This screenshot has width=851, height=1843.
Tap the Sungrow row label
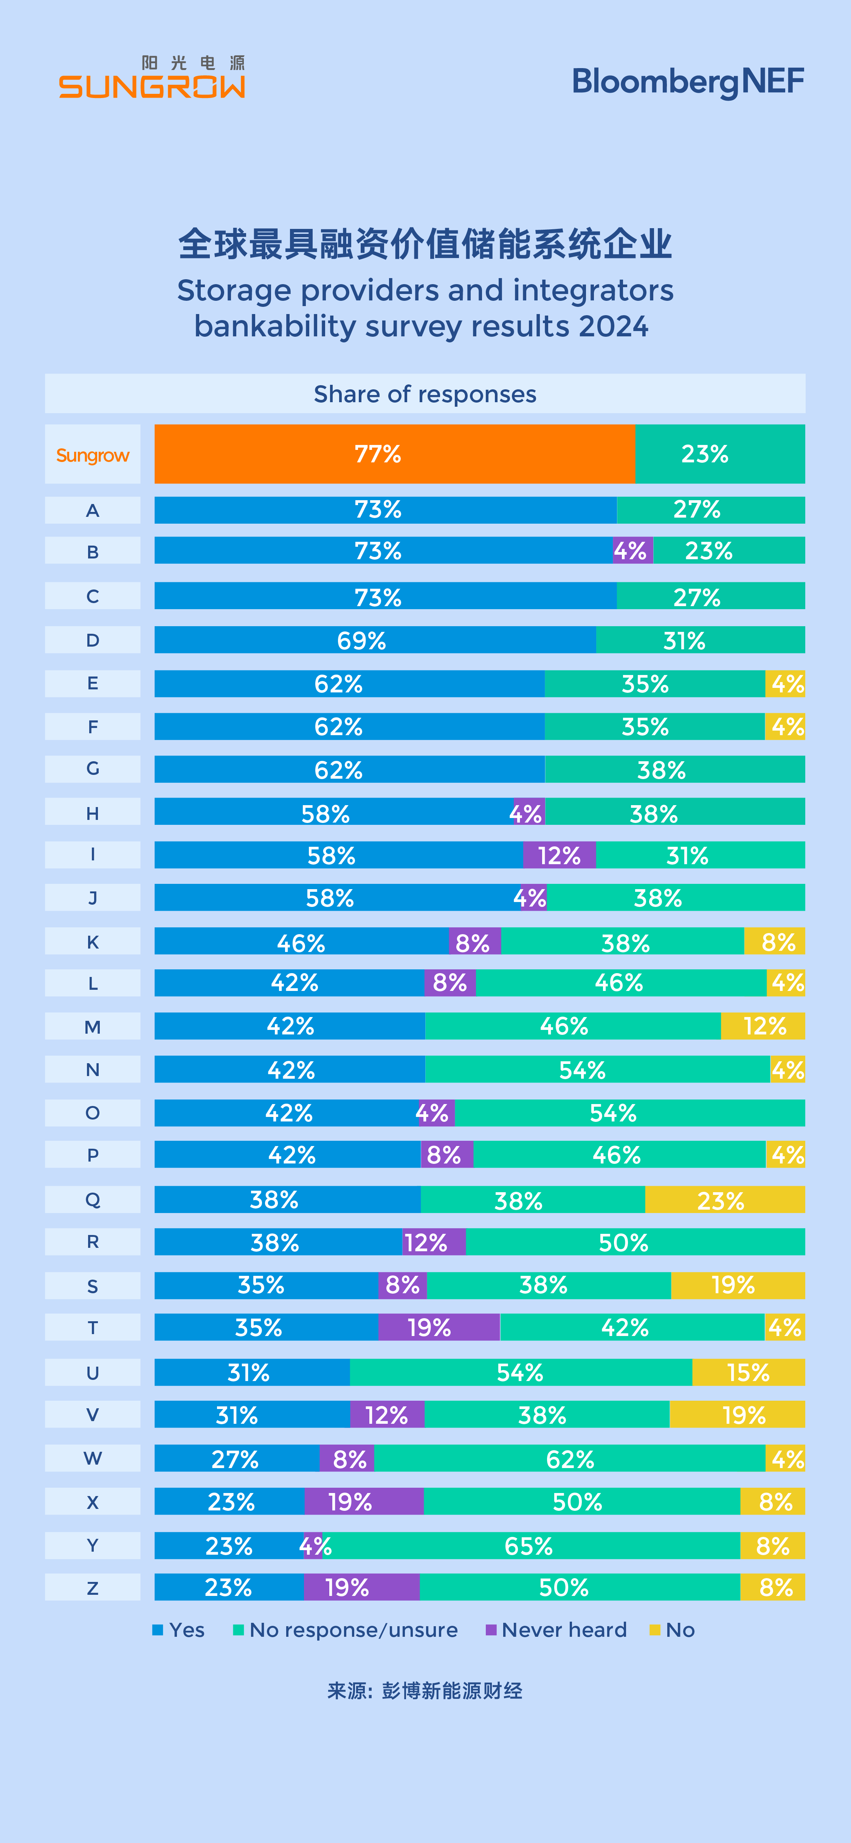click(92, 455)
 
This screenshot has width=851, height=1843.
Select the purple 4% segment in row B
click(632, 551)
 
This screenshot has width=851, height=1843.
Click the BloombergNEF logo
click(688, 82)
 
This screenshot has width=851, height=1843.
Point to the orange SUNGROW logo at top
click(152, 78)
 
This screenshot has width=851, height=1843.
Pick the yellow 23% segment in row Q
click(724, 1200)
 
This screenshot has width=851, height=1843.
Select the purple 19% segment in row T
click(439, 1327)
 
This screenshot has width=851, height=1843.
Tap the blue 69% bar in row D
click(375, 639)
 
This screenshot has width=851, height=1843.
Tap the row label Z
click(92, 1588)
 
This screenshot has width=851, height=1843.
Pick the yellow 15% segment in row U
click(748, 1372)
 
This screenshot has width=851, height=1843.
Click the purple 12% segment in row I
click(559, 855)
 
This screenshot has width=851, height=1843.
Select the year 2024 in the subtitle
click(613, 326)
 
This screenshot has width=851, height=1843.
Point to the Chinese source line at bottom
click(425, 1691)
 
